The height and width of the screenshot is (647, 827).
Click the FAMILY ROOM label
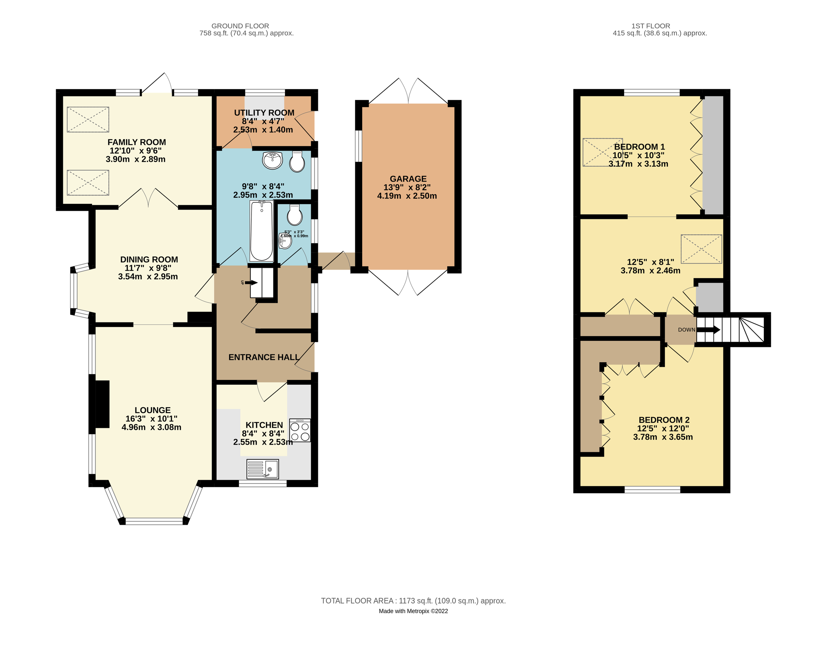click(x=137, y=142)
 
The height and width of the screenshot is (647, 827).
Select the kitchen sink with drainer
click(x=262, y=469)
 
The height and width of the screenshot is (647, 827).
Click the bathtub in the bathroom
click(x=261, y=231)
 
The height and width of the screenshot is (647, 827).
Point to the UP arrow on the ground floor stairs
click(x=251, y=283)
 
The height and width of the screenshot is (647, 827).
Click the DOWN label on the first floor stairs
click(x=686, y=330)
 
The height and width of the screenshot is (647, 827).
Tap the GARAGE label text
click(x=408, y=179)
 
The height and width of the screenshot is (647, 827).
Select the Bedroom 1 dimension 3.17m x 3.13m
click(x=638, y=164)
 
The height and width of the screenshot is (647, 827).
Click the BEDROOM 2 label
click(x=664, y=420)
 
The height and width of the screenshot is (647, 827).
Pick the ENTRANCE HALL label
click(x=264, y=357)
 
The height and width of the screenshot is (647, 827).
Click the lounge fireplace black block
click(x=102, y=404)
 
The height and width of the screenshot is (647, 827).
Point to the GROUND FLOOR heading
click(x=240, y=26)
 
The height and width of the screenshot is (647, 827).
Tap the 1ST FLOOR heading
click(x=651, y=26)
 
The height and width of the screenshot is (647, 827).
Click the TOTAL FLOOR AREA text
click(x=413, y=601)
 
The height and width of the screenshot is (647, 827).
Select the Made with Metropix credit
click(x=413, y=611)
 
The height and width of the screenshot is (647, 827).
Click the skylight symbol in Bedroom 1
click(x=602, y=152)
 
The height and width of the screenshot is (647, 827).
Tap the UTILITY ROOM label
click(x=264, y=113)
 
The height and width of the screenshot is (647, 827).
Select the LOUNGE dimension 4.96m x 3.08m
click(x=151, y=427)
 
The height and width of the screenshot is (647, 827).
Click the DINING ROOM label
click(x=149, y=260)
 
